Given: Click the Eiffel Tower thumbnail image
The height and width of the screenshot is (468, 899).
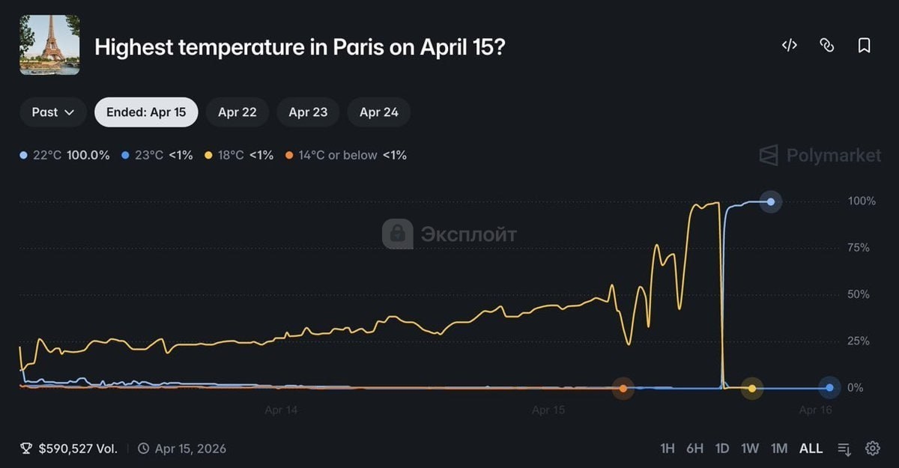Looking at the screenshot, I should pos(49,45).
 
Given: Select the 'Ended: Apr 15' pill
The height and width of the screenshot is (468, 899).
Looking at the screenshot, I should pos(146,112).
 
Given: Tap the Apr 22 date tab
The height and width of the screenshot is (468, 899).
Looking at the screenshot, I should pos(237,112).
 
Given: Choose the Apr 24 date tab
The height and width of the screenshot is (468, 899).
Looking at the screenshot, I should pos(378,112).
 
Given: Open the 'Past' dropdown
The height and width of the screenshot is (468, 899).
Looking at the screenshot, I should pos(53,112).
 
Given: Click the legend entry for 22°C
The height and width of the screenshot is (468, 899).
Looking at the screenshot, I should pos(64,155).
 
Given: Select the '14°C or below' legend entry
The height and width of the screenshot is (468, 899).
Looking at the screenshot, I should pos(345,155).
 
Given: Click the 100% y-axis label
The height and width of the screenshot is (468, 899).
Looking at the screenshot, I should pos(861,201).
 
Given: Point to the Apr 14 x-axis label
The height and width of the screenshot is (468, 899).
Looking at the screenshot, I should pos(281,410).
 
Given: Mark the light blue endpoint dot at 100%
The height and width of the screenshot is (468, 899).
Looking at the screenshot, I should pos(770,201).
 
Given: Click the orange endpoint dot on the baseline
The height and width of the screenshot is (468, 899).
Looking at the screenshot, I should pos(623,388).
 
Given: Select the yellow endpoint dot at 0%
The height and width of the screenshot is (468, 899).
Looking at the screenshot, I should pos(751,388).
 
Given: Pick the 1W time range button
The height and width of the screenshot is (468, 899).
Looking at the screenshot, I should pos(749,449).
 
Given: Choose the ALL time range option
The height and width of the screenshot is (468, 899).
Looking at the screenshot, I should pos(811,449).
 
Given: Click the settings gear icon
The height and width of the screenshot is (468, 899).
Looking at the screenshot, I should pos(872,449).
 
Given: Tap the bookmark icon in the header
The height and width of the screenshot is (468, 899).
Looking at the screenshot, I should pos(864,46).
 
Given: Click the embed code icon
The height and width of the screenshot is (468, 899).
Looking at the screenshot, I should pos(789,46).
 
